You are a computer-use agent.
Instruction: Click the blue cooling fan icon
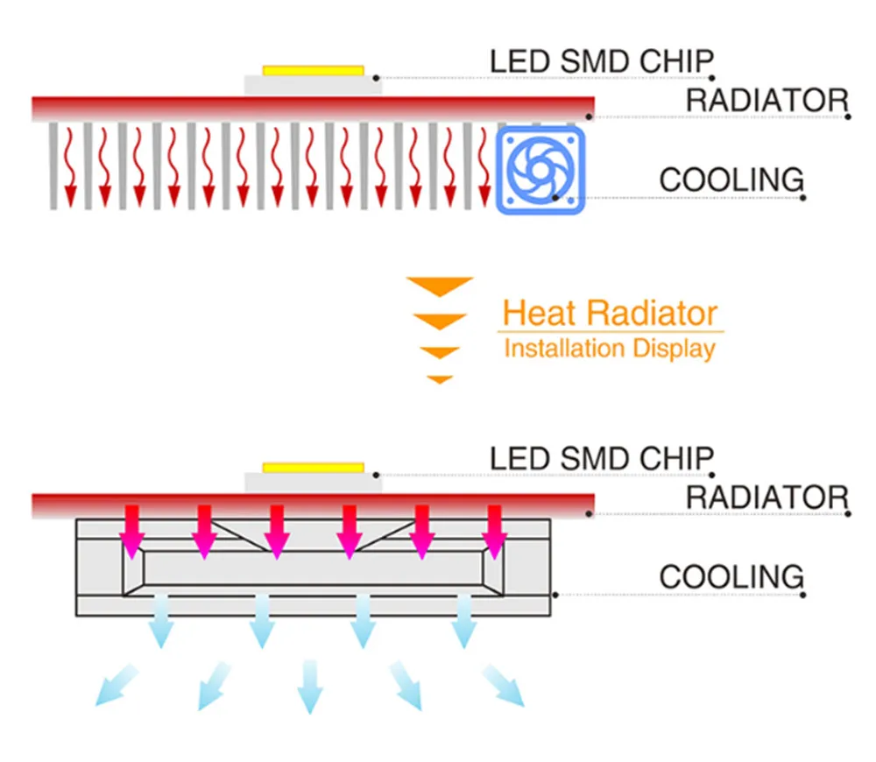540,169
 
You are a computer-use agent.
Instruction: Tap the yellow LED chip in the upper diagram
313,69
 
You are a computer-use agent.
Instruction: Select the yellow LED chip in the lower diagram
313,467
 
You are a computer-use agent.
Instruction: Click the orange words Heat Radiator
610,313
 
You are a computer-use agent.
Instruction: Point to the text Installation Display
610,349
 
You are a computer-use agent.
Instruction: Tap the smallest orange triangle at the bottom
439,379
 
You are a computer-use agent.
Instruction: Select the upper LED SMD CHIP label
601,61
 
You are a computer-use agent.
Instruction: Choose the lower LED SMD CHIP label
601,458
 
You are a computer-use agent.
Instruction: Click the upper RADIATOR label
766,100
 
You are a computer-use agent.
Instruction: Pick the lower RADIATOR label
766,497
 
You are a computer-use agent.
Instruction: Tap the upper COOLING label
731,180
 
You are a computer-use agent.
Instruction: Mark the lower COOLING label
731,577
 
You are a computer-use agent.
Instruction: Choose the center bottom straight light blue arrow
310,686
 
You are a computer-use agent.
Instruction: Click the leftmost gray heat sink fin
53,166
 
